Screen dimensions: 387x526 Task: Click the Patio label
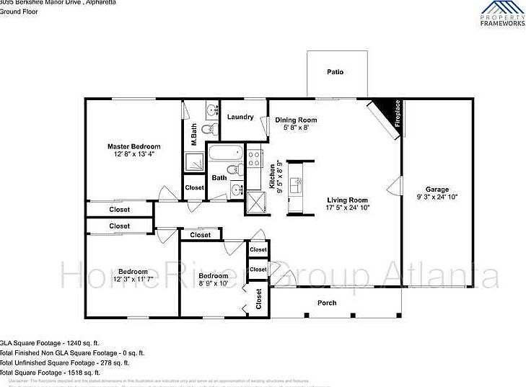point(335,72)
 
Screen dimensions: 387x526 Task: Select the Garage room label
point(437,189)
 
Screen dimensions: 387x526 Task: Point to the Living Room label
point(348,200)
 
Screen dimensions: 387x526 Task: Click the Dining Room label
point(296,120)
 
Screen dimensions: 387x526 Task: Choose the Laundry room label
point(240,117)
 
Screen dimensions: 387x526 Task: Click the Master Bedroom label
point(134,146)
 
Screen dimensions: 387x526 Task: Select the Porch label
point(327,303)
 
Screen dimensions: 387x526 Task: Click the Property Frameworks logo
point(502,14)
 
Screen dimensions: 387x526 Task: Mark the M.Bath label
point(193,135)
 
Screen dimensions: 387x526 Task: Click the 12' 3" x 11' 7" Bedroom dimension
point(133,279)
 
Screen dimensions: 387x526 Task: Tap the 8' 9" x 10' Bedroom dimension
point(213,283)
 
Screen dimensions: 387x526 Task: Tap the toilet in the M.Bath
point(207,130)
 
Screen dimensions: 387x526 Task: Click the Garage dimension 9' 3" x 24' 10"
point(437,197)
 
